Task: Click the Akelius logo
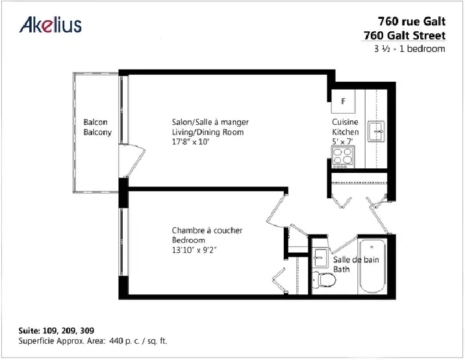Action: point(51,24)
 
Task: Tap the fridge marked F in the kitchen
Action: point(343,101)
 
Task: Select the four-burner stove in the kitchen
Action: point(343,157)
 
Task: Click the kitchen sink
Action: point(376,131)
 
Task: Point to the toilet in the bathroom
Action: point(324,279)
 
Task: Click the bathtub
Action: point(372,266)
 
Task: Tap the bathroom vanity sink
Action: point(320,257)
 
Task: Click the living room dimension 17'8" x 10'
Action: point(191,142)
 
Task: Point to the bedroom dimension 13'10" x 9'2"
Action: point(194,250)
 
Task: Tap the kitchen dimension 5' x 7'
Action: point(342,142)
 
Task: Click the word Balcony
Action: point(97,133)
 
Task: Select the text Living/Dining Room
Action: point(208,132)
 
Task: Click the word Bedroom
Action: point(188,240)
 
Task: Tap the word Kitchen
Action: point(346,132)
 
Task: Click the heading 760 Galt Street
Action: point(405,36)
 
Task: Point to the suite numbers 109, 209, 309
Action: point(68,331)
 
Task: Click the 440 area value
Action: point(116,341)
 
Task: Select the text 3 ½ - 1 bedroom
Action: point(410,49)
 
